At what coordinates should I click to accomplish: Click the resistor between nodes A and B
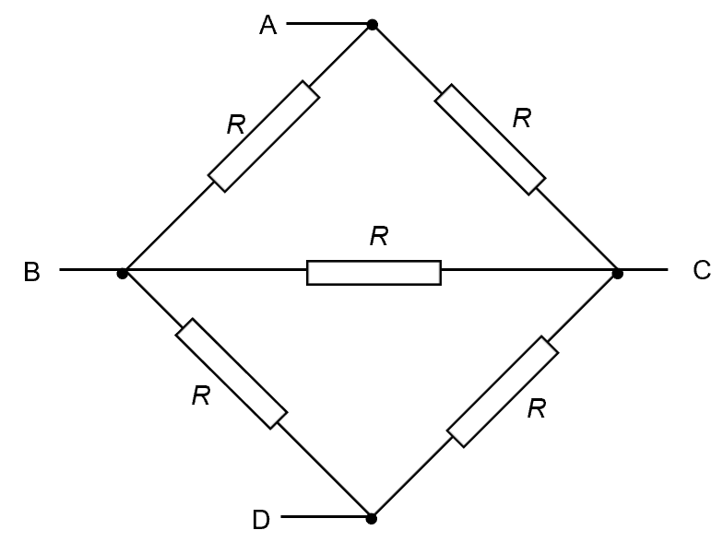pyautogui.click(x=264, y=136)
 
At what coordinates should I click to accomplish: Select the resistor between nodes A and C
pyautogui.click(x=491, y=139)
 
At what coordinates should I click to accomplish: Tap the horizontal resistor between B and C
pyautogui.click(x=373, y=272)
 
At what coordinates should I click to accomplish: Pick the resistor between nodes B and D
pyautogui.click(x=231, y=373)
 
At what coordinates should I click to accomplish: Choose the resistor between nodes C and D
pyautogui.click(x=503, y=391)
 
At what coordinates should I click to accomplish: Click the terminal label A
pyautogui.click(x=267, y=26)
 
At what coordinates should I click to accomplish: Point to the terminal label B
pyautogui.click(x=31, y=273)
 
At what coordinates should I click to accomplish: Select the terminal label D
pyautogui.click(x=261, y=521)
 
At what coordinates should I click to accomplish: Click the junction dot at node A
pyautogui.click(x=372, y=25)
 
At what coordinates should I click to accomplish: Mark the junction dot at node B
pyautogui.click(x=123, y=273)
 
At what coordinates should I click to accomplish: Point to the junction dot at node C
pyautogui.click(x=618, y=273)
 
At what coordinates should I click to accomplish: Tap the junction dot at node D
pyautogui.click(x=371, y=518)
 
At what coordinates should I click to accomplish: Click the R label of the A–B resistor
pyautogui.click(x=236, y=124)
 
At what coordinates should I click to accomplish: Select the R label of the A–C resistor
pyautogui.click(x=523, y=118)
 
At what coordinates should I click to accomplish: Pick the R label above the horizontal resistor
pyautogui.click(x=378, y=237)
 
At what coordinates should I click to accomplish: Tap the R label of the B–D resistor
pyautogui.click(x=201, y=396)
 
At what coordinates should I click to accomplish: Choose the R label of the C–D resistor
pyautogui.click(x=536, y=409)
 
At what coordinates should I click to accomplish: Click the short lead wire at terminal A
pyautogui.click(x=328, y=25)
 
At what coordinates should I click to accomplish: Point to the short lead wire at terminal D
pyautogui.click(x=325, y=518)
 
